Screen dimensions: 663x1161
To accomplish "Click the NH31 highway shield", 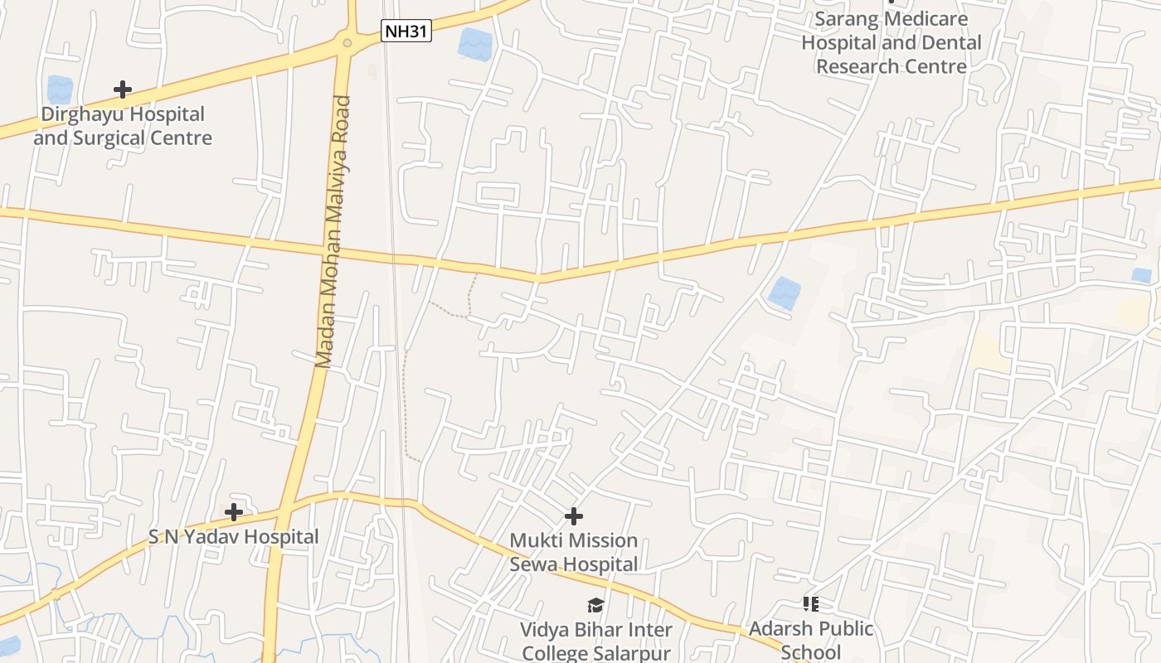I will pyautogui.click(x=406, y=31).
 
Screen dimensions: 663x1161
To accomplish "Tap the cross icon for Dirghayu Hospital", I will pyautogui.click(x=123, y=89).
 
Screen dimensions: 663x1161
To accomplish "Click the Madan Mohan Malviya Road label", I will pyautogui.click(x=333, y=232).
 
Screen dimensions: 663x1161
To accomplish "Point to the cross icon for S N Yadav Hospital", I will pyautogui.click(x=234, y=512).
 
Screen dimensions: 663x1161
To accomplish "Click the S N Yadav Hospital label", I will pyautogui.click(x=234, y=537).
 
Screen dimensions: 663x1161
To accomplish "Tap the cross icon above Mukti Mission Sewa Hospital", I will pyautogui.click(x=573, y=516).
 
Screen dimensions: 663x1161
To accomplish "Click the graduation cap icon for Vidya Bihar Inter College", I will pyautogui.click(x=595, y=605).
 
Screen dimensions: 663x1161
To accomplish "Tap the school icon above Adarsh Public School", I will pyautogui.click(x=810, y=603).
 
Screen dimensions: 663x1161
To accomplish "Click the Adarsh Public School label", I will pyautogui.click(x=811, y=640).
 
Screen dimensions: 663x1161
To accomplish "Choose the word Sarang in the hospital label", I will pyautogui.click(x=845, y=18).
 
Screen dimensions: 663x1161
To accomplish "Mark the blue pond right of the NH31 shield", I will pyautogui.click(x=475, y=44).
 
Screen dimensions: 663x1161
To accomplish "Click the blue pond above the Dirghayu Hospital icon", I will pyautogui.click(x=60, y=90).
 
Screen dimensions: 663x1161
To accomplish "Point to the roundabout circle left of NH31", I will pyautogui.click(x=347, y=42).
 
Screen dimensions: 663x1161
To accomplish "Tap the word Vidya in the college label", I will pyautogui.click(x=545, y=630).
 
